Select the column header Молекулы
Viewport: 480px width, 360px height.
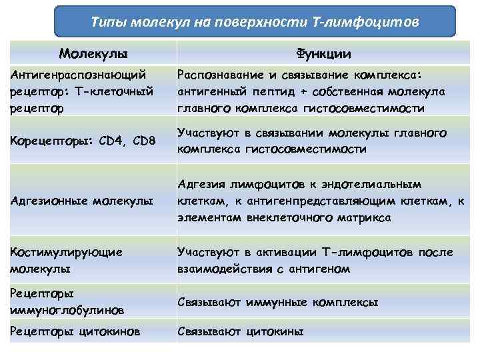click(x=93, y=53)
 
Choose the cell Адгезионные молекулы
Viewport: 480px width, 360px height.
click(x=81, y=201)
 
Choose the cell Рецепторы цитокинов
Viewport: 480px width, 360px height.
click(x=75, y=331)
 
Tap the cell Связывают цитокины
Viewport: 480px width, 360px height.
click(x=240, y=331)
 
